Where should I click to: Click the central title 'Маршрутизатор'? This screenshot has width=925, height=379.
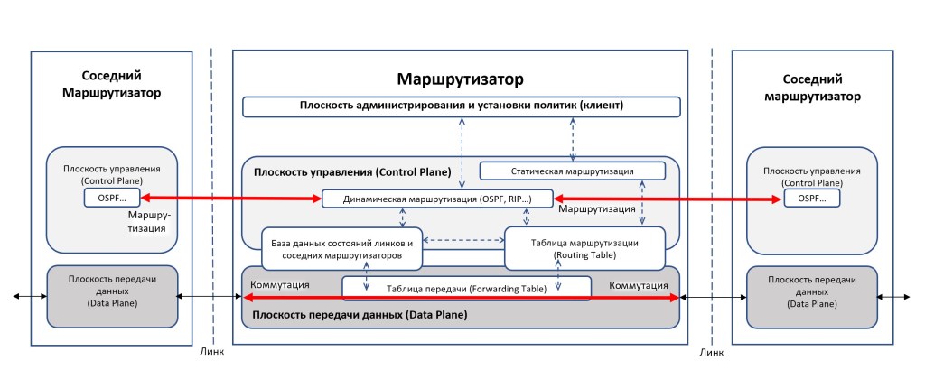coord(461,79)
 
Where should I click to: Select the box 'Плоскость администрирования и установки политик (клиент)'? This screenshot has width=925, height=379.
coord(461,106)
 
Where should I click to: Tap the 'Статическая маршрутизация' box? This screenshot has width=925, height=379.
coord(572,171)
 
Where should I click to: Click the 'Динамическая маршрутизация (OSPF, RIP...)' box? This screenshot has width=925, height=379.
coord(436,199)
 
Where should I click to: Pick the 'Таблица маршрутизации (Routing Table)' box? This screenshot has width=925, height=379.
coord(584,249)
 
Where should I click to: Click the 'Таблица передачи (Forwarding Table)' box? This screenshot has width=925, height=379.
coord(466,288)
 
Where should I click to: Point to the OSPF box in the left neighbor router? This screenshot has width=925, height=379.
coord(113,198)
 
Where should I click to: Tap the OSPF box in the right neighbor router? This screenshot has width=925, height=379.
coord(810,198)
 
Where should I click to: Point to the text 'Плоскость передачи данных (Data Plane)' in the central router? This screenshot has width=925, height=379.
coord(360,315)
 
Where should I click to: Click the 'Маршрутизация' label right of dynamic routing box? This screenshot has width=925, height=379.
coord(597,209)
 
